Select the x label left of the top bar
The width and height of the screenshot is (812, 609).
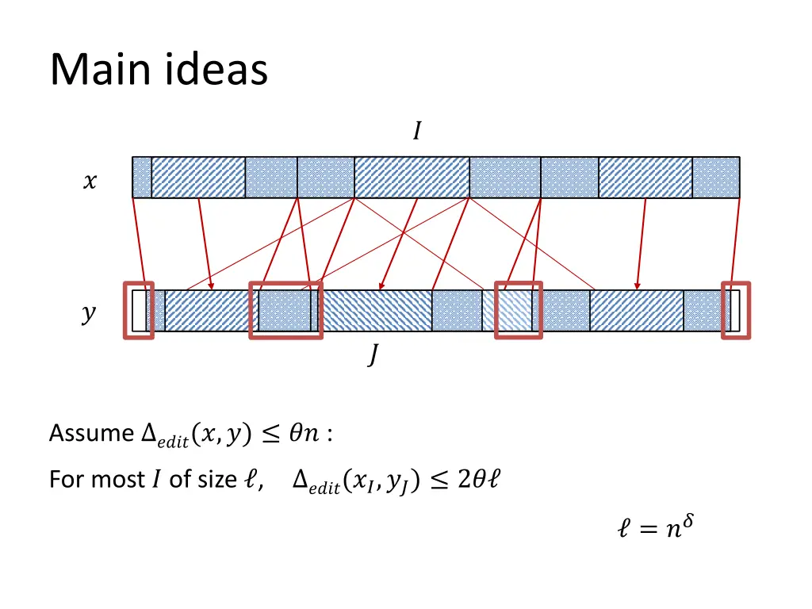click(x=90, y=182)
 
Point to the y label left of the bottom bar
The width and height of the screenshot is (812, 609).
click(x=89, y=314)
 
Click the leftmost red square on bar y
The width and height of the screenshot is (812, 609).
click(x=138, y=310)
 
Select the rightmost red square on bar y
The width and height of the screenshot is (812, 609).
click(x=735, y=310)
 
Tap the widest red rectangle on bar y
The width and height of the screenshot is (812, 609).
click(x=285, y=310)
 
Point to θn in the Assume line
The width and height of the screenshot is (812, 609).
click(x=304, y=433)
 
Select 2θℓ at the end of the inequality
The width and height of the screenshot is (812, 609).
click(x=478, y=480)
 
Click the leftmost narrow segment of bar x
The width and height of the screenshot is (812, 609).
click(x=142, y=177)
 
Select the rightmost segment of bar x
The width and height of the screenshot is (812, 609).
click(x=716, y=177)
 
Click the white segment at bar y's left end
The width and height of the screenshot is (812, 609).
click(x=140, y=311)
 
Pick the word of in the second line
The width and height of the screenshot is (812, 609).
click(x=179, y=480)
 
